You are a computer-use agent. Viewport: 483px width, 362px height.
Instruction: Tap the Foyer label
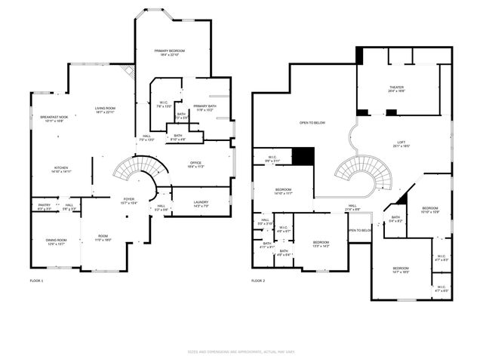[128, 201]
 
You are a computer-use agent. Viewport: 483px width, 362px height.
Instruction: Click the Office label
[195, 164]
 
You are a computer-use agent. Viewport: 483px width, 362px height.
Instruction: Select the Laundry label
[201, 203]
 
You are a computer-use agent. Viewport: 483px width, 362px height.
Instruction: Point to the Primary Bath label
[205, 108]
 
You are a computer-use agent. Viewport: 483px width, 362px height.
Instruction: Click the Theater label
[396, 89]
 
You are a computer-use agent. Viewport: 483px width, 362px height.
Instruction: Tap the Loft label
[401, 145]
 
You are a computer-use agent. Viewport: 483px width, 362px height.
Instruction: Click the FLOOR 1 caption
[37, 281]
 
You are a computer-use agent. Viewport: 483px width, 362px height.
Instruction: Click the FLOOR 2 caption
[260, 281]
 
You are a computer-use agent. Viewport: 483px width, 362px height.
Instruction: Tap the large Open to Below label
[312, 122]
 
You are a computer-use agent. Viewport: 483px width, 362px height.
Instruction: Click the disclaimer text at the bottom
[241, 351]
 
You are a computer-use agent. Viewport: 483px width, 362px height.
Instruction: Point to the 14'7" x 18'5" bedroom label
[400, 269]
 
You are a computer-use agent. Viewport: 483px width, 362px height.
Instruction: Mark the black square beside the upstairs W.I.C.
[303, 155]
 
